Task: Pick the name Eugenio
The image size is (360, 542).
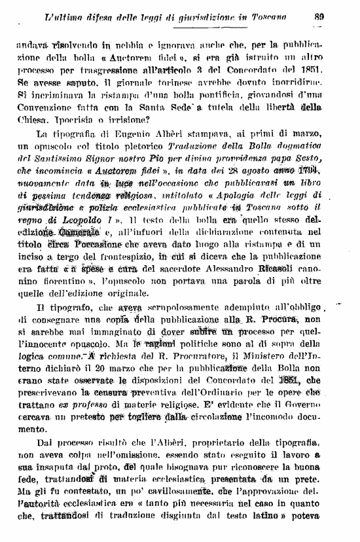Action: click(109, 134)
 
